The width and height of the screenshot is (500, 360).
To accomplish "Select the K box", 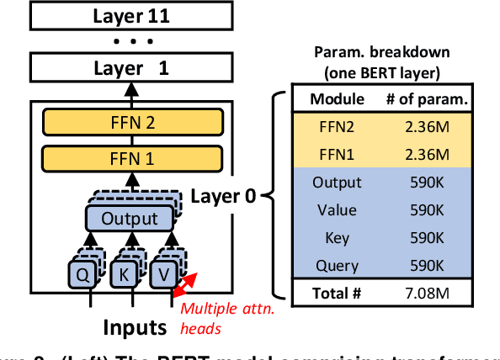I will click(x=123, y=273).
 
